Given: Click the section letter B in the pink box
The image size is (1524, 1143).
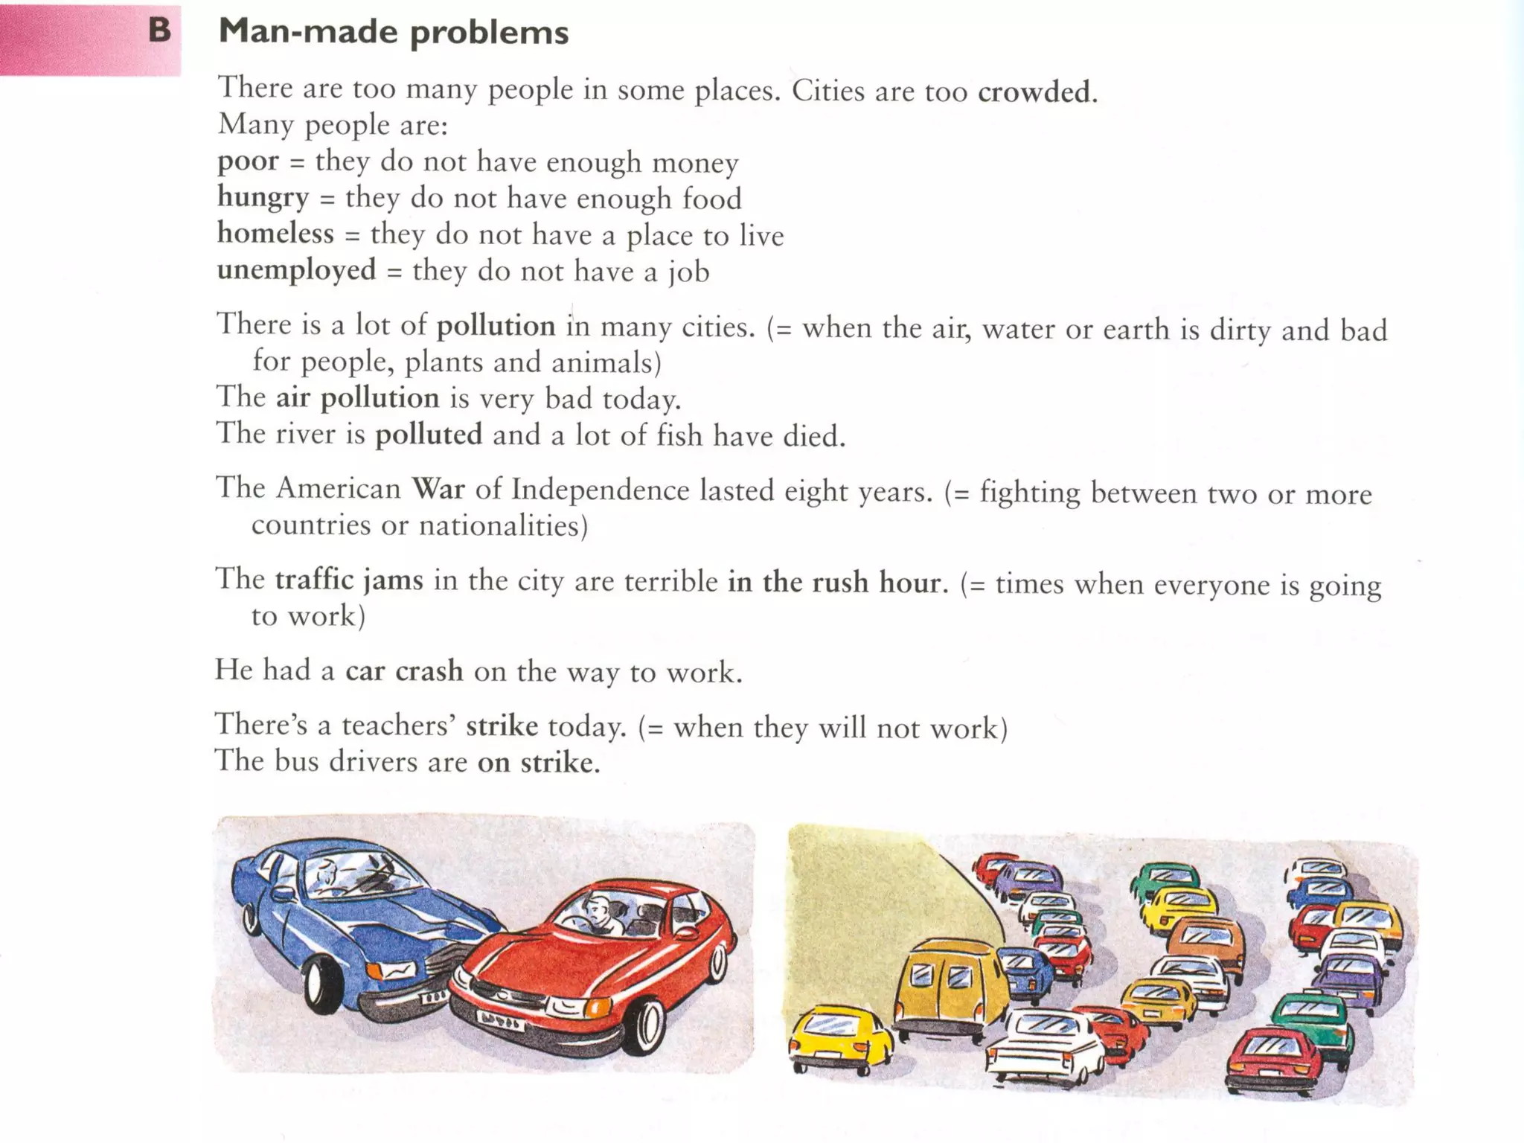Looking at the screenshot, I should (159, 31).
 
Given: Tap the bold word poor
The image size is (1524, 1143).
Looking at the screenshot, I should (248, 161).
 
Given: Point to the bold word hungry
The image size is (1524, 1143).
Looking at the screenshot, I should (263, 197).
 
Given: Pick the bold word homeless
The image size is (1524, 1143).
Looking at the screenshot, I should (275, 234).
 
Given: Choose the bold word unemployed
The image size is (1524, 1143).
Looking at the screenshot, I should (296, 270).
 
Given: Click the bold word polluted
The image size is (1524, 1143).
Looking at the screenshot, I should (429, 434).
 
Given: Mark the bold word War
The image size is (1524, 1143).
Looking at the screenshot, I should (438, 489).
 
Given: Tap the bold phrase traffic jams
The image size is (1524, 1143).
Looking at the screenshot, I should (349, 580).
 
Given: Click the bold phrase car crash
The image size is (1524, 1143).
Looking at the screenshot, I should (404, 671).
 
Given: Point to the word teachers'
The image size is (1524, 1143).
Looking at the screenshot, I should (398, 726).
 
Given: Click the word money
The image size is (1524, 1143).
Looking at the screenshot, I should (695, 162).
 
